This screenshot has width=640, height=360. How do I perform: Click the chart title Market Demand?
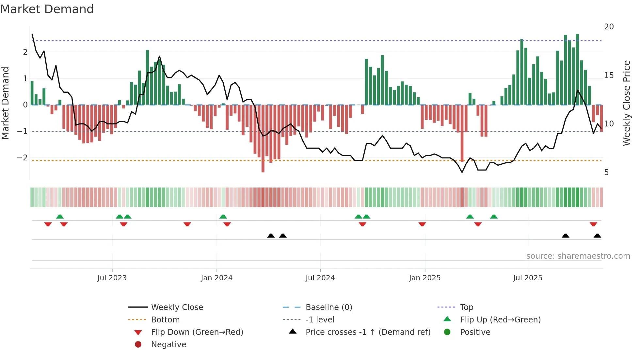pos(47,9)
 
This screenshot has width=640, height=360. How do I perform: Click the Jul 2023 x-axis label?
pos(112,278)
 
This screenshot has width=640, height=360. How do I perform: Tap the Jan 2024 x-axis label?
pos(216,278)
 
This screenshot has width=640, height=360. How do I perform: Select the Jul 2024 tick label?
pos(320,278)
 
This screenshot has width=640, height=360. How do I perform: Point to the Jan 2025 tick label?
pos(424,278)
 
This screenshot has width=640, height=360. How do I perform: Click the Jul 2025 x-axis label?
pos(527,278)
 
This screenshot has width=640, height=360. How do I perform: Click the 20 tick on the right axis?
pos(609,27)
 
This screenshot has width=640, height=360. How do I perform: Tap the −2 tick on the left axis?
pos(22,158)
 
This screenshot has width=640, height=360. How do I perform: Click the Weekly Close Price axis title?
pos(626,103)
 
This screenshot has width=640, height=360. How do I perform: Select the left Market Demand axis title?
pos(5,103)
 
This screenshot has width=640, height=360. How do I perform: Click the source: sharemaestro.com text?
pos(578,256)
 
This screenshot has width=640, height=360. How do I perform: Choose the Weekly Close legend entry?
pos(177,307)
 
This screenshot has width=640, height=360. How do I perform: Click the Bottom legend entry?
pos(165,320)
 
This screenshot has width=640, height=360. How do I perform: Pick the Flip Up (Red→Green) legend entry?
pos(500,320)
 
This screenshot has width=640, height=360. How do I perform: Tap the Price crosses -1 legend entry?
pos(368,332)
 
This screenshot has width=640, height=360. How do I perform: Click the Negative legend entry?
pos(168,345)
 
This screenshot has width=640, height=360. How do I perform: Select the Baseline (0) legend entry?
pos(328,307)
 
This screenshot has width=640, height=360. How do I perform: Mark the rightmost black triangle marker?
pos(597,236)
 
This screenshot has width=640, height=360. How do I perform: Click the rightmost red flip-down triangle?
pos(593,224)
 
